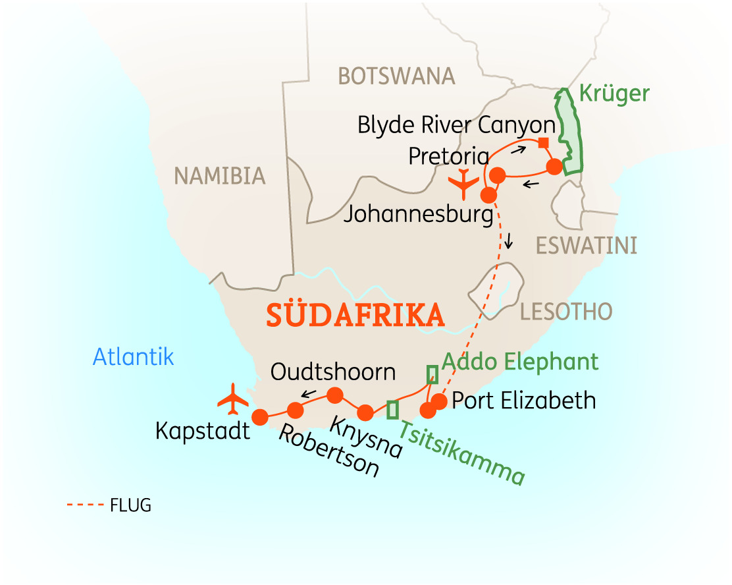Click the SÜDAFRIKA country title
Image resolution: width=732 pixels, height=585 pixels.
point(355,316)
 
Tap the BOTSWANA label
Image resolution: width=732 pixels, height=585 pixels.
point(396,76)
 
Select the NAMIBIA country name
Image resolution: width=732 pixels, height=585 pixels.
point(219,176)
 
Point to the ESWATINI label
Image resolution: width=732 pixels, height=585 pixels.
point(586,246)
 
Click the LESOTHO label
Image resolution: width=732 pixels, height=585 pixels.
point(565,311)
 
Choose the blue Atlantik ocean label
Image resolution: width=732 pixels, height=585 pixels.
point(133,356)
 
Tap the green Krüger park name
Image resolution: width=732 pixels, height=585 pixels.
point(614,94)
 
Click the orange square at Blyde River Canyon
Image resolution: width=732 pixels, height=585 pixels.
point(543,143)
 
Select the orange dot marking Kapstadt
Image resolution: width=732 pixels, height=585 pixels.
point(260,417)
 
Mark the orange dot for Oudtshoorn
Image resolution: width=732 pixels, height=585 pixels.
point(335,395)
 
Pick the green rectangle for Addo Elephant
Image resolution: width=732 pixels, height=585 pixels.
point(432,375)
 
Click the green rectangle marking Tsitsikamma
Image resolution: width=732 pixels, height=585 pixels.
point(392,410)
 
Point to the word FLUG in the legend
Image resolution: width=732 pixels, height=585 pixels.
point(130,506)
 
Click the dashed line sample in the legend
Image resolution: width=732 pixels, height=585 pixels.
point(86,506)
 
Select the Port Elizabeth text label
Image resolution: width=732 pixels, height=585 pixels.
point(524,401)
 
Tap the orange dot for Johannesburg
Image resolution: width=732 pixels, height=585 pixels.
point(488,196)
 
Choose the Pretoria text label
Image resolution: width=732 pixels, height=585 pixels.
point(448,156)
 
